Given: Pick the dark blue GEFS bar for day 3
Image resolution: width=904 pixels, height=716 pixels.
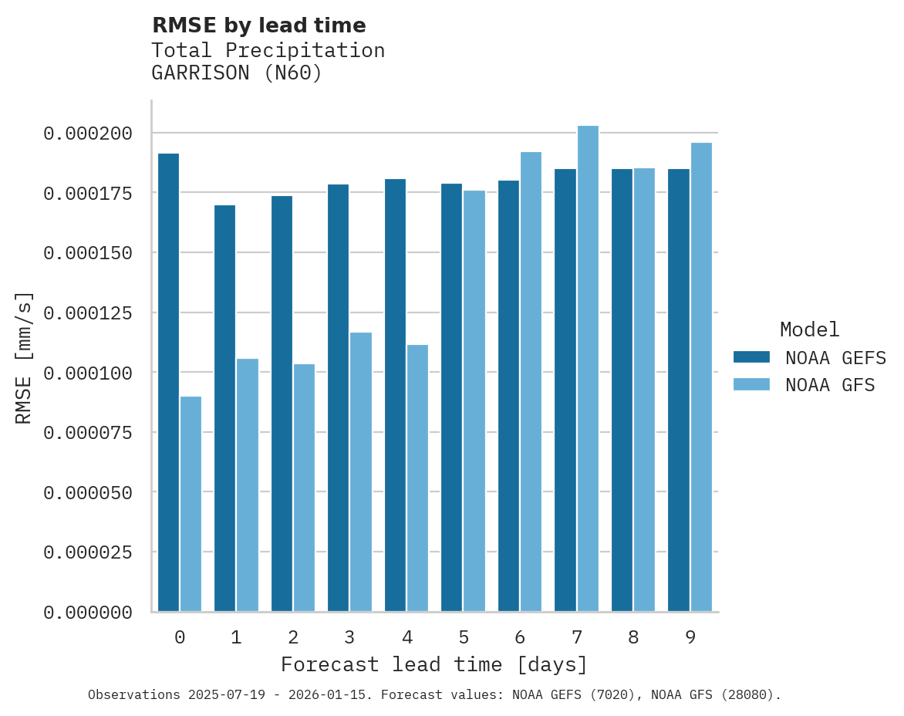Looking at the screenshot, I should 338,397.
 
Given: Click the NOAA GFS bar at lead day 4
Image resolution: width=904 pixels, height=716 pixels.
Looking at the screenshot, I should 417,478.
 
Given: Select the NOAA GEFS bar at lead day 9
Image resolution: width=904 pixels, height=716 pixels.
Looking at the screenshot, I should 679,390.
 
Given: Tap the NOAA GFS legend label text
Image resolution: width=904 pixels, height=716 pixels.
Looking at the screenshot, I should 830,384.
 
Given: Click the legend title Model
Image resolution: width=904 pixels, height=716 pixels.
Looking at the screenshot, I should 809,329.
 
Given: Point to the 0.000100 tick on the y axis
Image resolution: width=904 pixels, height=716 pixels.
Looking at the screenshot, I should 88,373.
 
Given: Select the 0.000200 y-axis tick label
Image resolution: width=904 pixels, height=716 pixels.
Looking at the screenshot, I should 88,133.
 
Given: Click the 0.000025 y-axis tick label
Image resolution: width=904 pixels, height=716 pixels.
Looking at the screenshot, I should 88,552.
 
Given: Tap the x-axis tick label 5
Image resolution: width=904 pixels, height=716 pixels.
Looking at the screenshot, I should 463,637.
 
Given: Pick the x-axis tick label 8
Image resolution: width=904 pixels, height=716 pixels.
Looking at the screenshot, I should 633,637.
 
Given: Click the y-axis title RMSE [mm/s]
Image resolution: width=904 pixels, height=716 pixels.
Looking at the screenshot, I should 25,357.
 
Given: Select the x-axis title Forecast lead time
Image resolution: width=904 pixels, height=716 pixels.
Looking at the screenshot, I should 434,664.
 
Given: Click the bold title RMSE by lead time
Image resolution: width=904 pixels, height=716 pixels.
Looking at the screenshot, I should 258,25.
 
